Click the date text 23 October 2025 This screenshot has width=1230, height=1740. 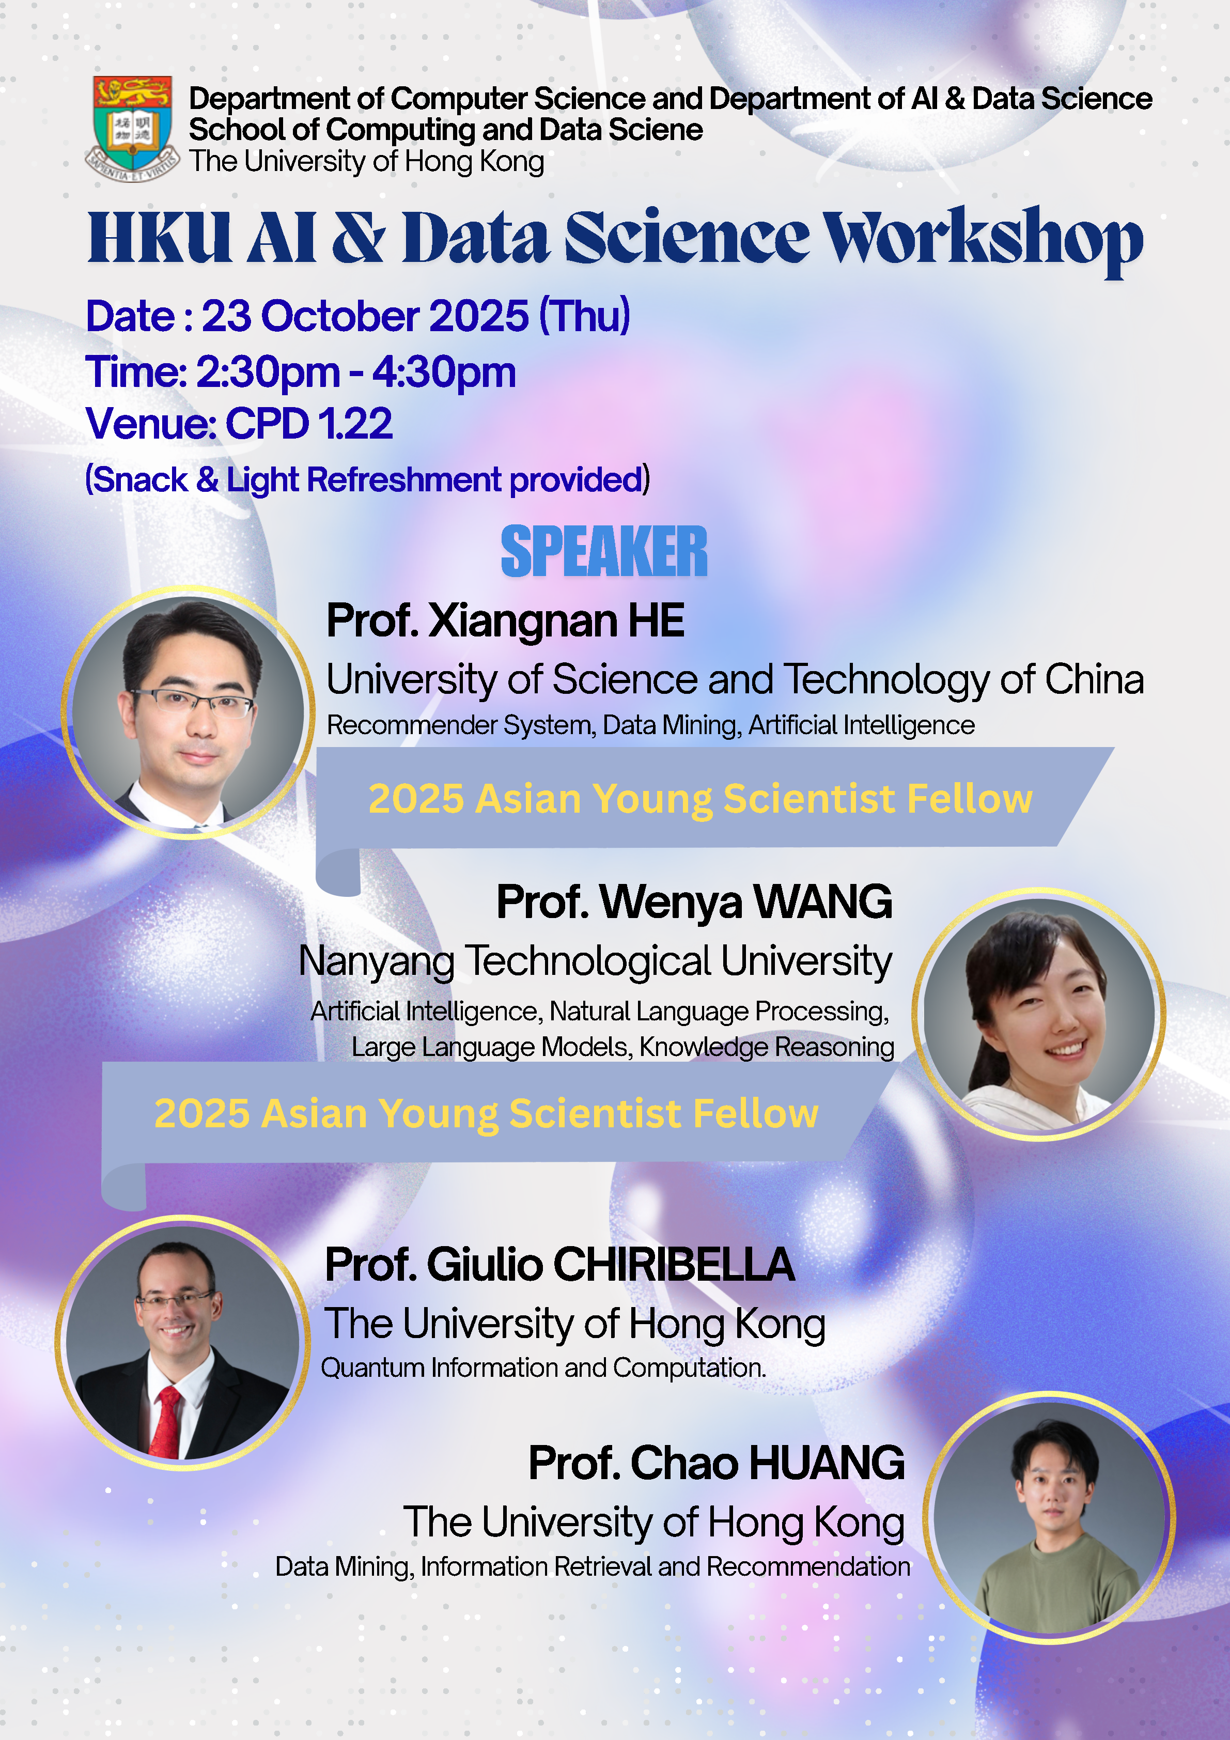click(365, 316)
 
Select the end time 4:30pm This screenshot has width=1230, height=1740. click(444, 373)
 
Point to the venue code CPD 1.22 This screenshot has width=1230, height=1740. click(309, 424)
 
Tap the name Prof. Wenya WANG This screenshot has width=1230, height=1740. click(694, 902)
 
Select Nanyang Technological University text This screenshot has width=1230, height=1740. click(596, 961)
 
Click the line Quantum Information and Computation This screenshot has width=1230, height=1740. click(543, 1368)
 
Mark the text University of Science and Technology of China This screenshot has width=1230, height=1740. click(735, 679)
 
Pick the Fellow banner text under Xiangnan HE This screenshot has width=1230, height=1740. click(700, 799)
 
